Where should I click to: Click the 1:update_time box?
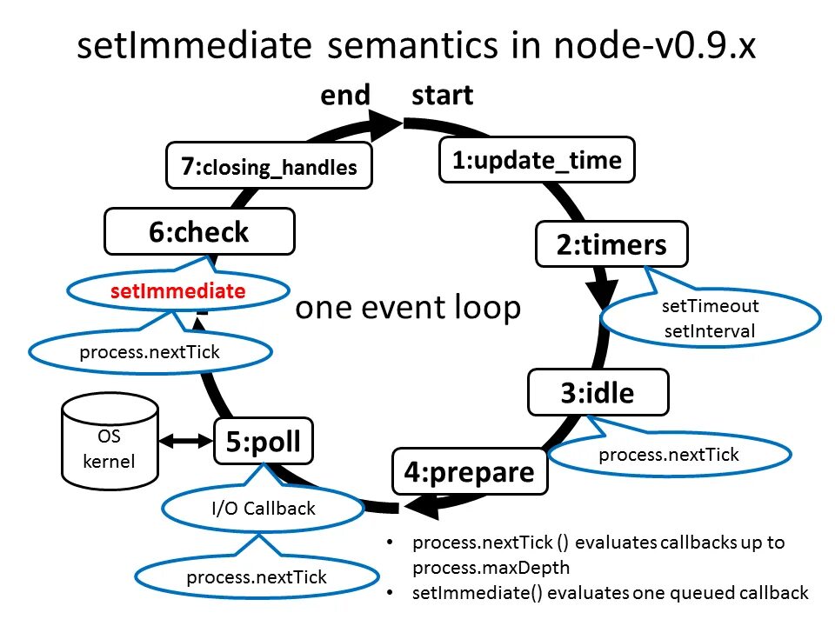click(537, 160)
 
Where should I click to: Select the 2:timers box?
click(611, 245)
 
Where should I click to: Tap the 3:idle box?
click(598, 393)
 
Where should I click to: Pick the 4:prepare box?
click(469, 472)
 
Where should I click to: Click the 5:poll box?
click(264, 443)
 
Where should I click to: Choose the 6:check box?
click(198, 232)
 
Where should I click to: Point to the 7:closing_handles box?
click(269, 166)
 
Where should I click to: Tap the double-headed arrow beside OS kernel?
click(186, 443)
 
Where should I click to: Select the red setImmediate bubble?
click(177, 292)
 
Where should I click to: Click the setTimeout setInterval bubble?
click(710, 318)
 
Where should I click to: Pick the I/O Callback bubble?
click(264, 509)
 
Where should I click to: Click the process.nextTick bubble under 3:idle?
click(669, 454)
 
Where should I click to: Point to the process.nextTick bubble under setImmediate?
click(150, 352)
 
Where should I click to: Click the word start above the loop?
click(443, 95)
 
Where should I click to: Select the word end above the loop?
click(345, 95)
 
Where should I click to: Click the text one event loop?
click(408, 308)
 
